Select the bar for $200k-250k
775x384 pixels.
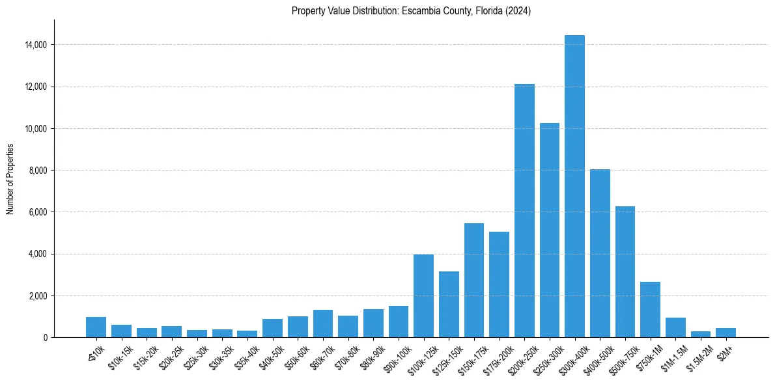point(524,211)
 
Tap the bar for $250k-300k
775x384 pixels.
point(549,230)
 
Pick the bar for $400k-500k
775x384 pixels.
point(600,253)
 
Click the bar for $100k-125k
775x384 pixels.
point(423,296)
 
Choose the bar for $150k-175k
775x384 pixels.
point(473,281)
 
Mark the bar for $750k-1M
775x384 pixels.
point(650,310)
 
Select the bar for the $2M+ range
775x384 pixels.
point(726,333)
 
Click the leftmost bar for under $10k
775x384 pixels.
point(96,327)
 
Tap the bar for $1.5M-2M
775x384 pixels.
point(700,335)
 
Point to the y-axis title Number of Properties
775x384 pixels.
point(10,178)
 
